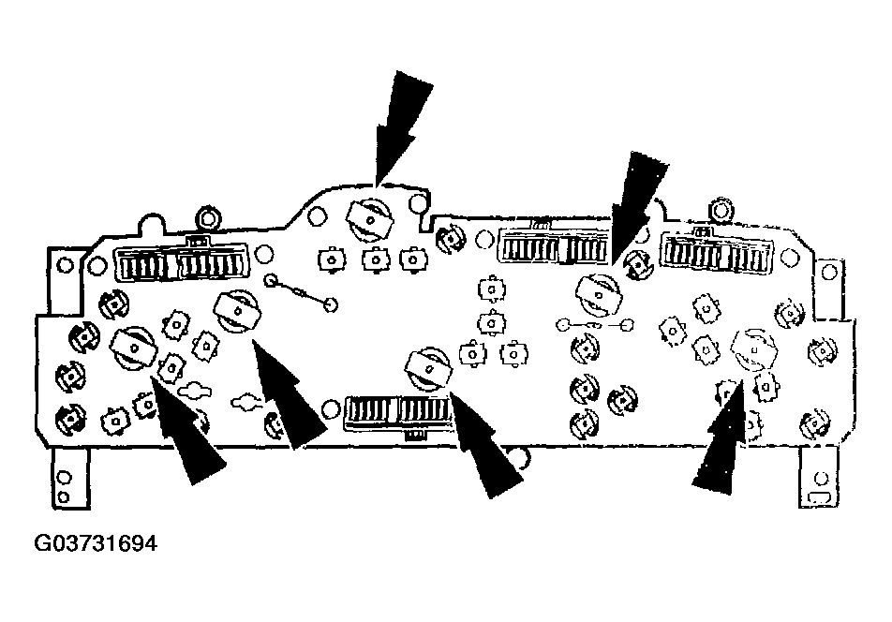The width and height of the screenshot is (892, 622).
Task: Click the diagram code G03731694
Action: (x=96, y=543)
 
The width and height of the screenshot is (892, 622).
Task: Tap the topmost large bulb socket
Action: (x=370, y=219)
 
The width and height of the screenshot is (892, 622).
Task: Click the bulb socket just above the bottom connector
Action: (x=428, y=369)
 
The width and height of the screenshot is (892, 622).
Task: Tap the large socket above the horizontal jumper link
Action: (x=599, y=294)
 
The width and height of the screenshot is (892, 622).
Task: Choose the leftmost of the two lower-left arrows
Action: (x=187, y=430)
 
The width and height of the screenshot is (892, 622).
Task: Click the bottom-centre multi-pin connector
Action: (x=400, y=414)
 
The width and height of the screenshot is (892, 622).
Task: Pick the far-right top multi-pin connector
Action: (x=716, y=253)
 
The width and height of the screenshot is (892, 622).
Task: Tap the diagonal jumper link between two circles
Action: (x=300, y=292)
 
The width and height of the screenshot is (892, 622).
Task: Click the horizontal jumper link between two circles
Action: (x=595, y=325)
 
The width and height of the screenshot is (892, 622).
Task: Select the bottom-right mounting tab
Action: (x=819, y=478)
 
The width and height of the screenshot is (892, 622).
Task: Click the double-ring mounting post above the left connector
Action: (x=208, y=217)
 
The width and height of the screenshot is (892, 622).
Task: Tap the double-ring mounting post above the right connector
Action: (x=721, y=212)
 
